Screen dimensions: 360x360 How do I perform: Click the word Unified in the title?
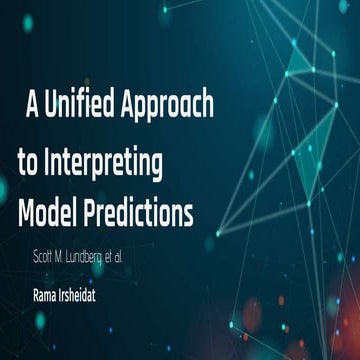(x=79, y=106)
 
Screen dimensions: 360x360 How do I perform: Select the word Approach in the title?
(x=168, y=106)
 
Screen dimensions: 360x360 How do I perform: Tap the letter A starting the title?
(x=31, y=105)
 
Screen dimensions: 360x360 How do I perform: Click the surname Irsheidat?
(x=102, y=295)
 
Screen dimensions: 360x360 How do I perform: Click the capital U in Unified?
(x=49, y=106)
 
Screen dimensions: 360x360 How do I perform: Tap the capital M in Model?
(x=25, y=212)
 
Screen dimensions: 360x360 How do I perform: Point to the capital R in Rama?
(x=36, y=295)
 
